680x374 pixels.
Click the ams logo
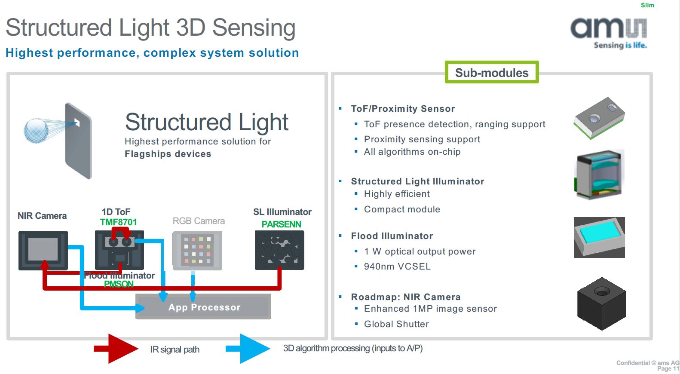[608, 32]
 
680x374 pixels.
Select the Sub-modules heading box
[492, 73]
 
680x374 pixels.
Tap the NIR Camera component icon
[43, 250]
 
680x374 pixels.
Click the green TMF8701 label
[118, 222]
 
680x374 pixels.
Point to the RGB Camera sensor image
[197, 250]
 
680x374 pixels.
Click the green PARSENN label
[281, 224]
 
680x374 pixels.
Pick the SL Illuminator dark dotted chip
[279, 250]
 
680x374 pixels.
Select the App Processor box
[203, 307]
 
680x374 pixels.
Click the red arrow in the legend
[116, 349]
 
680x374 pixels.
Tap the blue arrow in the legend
[248, 349]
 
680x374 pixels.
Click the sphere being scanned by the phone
[36, 130]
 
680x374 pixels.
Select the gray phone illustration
[79, 141]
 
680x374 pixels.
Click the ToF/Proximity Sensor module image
[599, 117]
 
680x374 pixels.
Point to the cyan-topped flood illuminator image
[599, 237]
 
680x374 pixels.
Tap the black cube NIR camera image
[601, 303]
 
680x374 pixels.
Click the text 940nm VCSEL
[397, 267]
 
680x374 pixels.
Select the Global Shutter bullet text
[396, 324]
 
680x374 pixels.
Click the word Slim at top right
[647, 5]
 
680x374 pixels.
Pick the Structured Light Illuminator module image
[599, 175]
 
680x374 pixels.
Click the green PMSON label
[119, 284]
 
